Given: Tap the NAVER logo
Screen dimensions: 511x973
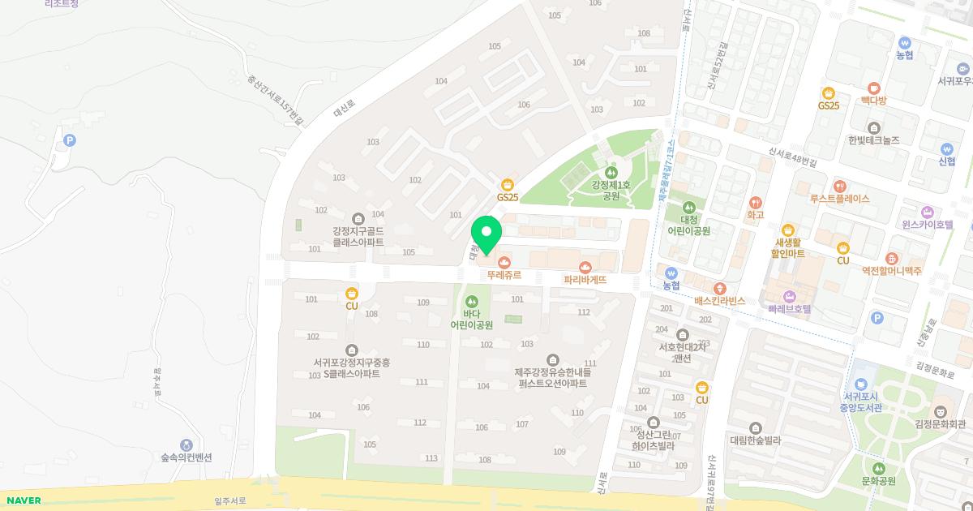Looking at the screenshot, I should [20, 500].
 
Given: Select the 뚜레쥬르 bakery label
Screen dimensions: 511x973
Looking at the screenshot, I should [504, 275].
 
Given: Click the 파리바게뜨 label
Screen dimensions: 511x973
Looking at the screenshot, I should [585, 279].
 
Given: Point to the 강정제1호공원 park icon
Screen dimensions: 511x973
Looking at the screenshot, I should [611, 172].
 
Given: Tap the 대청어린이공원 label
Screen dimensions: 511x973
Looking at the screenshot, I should [688, 225].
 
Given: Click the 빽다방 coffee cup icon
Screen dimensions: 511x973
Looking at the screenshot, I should [873, 88].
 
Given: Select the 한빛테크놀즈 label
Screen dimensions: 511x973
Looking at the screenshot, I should [873, 140].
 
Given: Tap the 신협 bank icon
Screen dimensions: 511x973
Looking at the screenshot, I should [946, 149].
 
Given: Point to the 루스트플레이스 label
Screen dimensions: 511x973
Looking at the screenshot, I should [839, 198].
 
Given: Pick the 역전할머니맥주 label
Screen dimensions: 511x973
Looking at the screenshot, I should [891, 271].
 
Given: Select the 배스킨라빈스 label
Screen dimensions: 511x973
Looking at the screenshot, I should [719, 300].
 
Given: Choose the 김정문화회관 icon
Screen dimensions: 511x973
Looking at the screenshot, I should [941, 411].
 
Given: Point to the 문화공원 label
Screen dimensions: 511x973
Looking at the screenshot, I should [878, 480].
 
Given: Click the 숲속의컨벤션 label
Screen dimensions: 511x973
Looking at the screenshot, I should [186, 457].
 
